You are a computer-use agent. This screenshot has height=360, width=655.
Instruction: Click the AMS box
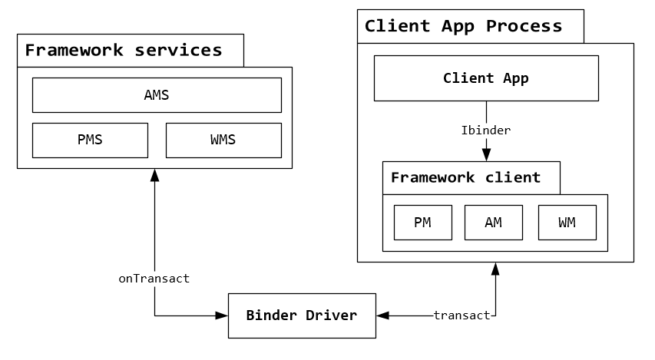157,95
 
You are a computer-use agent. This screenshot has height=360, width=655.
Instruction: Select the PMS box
90,140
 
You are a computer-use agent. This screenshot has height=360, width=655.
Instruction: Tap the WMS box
223,140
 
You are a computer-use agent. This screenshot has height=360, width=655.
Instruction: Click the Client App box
486,78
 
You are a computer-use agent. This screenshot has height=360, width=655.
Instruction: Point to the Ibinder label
486,130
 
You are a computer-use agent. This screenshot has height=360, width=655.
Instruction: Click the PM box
422,223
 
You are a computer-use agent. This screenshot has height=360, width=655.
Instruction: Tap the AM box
494,223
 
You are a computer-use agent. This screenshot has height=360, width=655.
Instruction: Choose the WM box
567,223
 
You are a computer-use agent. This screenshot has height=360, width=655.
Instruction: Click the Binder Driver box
302,315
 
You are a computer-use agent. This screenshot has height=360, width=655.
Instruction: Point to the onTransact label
154,279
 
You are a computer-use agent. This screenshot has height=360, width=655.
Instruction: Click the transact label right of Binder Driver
461,315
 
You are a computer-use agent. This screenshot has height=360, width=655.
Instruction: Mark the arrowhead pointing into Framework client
486,156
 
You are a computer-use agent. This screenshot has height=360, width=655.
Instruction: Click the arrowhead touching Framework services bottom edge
154,174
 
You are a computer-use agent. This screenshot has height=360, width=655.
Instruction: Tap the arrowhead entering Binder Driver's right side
382,315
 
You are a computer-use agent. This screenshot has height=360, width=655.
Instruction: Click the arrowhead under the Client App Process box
495,269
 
